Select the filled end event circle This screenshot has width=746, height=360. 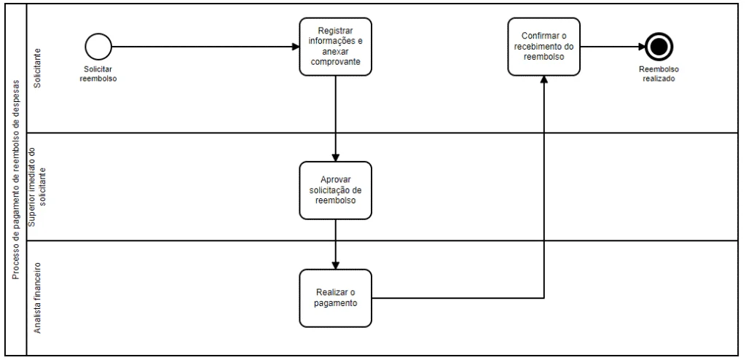click(x=659, y=47)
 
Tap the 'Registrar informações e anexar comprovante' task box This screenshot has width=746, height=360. click(x=335, y=47)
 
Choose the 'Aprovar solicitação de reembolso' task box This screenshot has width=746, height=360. click(x=335, y=190)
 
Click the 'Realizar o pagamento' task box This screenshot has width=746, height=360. click(x=335, y=298)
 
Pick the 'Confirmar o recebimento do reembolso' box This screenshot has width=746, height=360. click(x=543, y=47)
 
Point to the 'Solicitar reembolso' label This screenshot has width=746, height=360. click(x=98, y=74)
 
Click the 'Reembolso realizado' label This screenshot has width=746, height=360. click(x=659, y=74)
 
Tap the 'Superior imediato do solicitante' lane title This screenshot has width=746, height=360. click(x=38, y=187)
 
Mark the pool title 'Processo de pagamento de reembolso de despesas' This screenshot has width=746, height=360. click(x=15, y=180)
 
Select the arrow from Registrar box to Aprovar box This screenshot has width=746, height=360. click(x=335, y=119)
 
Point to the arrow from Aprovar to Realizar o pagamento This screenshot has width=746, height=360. click(x=335, y=244)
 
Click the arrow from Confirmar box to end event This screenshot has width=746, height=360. click(x=613, y=47)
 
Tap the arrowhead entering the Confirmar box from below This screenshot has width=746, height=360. click(x=543, y=80)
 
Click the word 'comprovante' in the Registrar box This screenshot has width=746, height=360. click(x=335, y=62)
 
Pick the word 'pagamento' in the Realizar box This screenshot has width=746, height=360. click(x=335, y=303)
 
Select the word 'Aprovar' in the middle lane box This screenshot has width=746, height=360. click(x=335, y=179)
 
